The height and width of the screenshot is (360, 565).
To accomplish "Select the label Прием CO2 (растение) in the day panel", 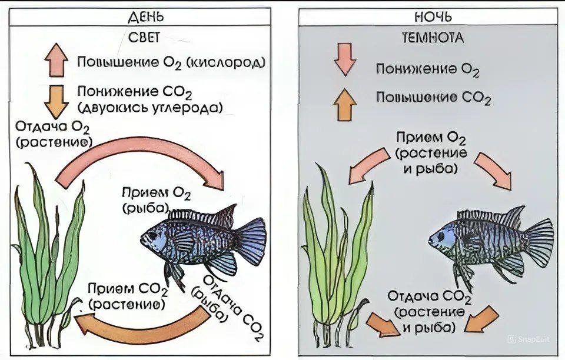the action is pyautogui.click(x=127, y=298).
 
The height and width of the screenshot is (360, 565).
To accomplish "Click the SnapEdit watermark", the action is pyautogui.click(x=533, y=339).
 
